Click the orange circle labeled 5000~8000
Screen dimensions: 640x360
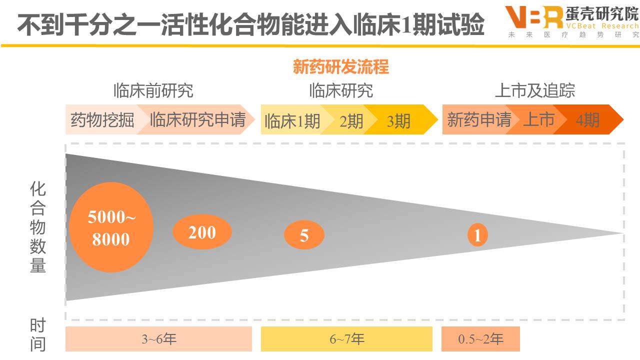click(x=111, y=227)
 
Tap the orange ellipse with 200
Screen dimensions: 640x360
click(x=202, y=232)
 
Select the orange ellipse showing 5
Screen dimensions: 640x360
click(x=304, y=234)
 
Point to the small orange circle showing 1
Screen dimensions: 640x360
click(x=477, y=235)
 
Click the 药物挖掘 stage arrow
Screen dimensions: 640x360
click(x=101, y=120)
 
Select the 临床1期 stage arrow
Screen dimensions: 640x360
click(x=292, y=120)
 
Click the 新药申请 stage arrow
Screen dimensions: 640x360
click(x=477, y=120)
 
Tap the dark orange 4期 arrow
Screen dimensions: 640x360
click(x=588, y=120)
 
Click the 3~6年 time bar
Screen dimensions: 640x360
click(x=158, y=339)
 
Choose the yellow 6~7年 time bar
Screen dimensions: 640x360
click(x=346, y=339)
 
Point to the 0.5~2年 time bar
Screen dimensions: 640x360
click(x=480, y=339)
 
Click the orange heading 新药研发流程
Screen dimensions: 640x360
click(x=341, y=67)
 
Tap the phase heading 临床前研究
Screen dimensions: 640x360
click(x=153, y=90)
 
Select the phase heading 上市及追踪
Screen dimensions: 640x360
click(x=534, y=90)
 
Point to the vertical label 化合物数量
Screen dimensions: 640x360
click(x=38, y=227)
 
